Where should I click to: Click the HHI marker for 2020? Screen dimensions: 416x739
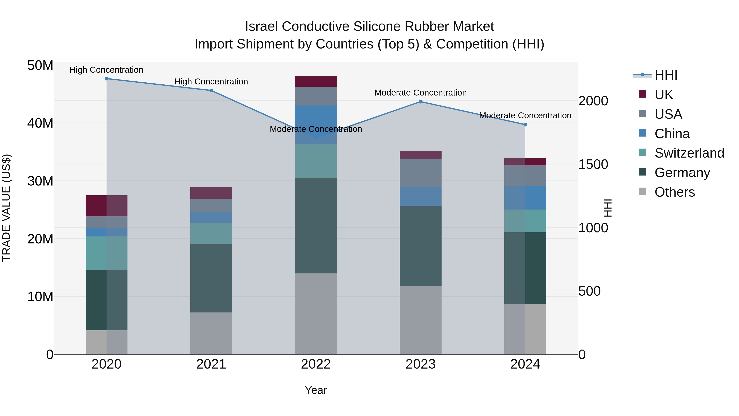106,79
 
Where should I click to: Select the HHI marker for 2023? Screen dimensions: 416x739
421,102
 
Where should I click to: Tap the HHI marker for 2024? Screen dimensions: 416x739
525,125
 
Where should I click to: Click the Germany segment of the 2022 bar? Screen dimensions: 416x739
316,225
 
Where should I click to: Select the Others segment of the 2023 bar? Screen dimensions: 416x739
421,320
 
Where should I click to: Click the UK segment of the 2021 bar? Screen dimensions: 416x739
211,193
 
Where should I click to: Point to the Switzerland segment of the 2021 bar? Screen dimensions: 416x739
211,233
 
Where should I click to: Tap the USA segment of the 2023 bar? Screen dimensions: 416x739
421,173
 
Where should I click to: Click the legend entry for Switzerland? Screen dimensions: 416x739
689,153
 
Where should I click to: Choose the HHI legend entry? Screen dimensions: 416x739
666,75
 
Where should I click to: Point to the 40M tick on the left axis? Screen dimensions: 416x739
40,123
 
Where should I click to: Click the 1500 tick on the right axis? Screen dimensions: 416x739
593,165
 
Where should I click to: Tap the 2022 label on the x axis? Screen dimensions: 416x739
316,364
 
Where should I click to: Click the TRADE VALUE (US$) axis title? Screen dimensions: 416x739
6,208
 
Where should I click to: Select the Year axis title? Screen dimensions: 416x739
316,390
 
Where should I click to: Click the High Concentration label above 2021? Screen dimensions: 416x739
211,82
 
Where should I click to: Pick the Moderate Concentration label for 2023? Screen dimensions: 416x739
421,93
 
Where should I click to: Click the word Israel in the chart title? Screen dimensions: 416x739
261,27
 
